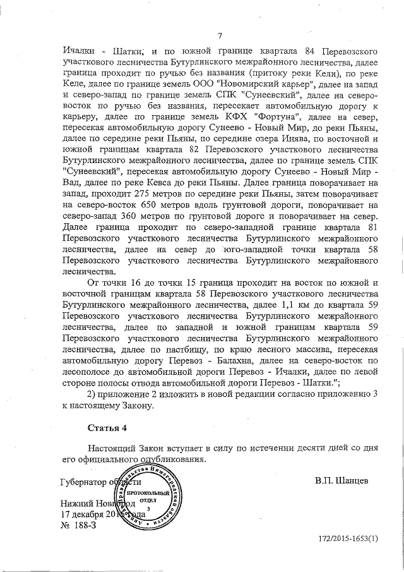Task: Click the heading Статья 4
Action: [107, 427]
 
